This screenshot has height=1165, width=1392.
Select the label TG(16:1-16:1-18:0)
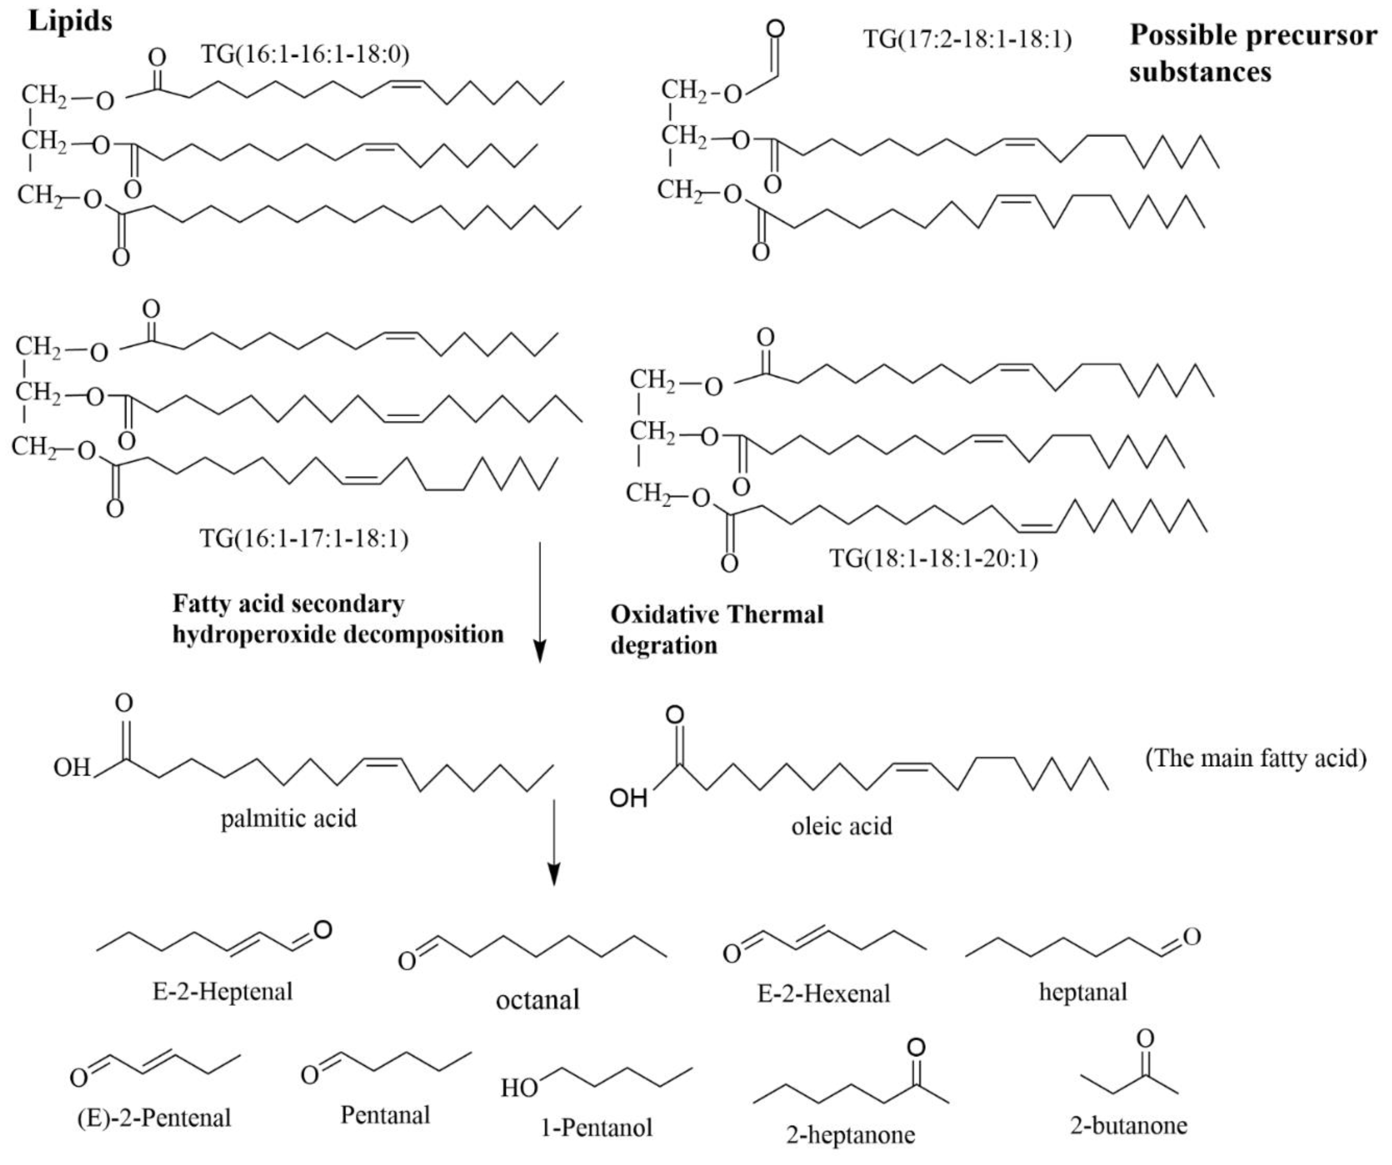coord(305,53)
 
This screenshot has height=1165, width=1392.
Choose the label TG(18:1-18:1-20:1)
coord(933,559)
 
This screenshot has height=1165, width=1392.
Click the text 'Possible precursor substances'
coord(1253,53)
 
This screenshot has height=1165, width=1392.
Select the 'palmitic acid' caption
coord(288,819)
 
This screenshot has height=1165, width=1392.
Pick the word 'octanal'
coord(537,999)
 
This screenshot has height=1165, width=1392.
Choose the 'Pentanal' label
coord(385,1115)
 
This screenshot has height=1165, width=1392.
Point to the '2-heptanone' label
coord(850,1135)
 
